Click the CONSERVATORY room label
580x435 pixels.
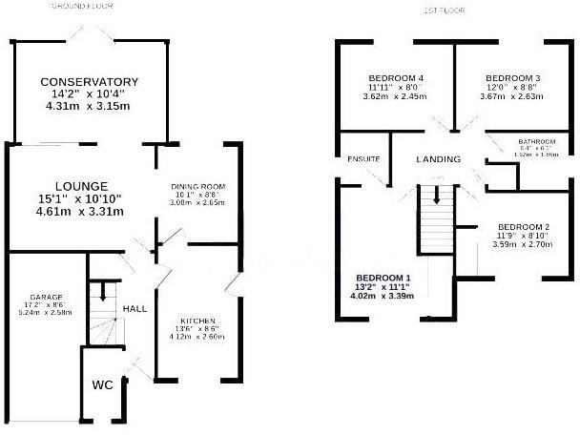point(90,82)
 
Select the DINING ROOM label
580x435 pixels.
point(197,187)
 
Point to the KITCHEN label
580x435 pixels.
point(197,321)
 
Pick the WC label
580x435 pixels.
point(103,385)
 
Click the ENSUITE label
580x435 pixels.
point(364,158)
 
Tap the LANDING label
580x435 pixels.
point(439,158)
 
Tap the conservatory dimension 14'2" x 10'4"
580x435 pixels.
point(90,94)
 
